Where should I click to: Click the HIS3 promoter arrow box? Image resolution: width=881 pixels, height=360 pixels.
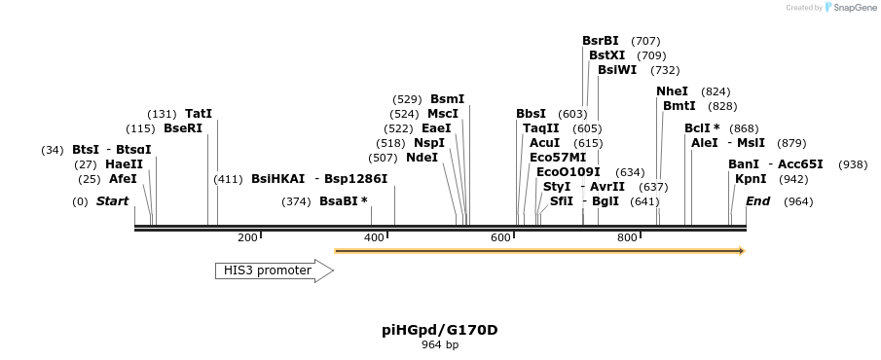click(274, 270)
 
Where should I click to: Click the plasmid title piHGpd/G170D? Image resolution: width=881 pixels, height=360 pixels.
click(439, 330)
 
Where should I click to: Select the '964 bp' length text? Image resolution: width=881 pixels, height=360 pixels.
click(439, 345)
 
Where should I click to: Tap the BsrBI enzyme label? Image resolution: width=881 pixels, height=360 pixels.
click(600, 41)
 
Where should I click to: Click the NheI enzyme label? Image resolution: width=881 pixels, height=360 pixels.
click(672, 91)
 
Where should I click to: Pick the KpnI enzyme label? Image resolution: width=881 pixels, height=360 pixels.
click(750, 179)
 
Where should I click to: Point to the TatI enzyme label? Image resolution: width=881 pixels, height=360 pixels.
click(198, 114)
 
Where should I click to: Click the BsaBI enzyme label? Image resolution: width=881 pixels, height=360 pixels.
click(343, 201)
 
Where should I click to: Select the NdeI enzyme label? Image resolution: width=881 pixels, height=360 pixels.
click(422, 158)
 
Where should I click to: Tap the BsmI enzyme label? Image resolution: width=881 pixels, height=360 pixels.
click(447, 99)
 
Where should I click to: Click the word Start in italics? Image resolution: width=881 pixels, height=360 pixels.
click(112, 201)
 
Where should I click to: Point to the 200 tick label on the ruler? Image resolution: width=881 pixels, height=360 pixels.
click(246, 237)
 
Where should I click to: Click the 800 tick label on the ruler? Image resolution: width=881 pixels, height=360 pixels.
click(627, 237)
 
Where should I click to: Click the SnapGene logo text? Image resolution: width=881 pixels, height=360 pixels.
click(851, 8)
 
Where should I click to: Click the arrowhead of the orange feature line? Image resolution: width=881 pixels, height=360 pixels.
click(741, 251)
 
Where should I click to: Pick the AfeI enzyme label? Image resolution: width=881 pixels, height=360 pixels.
click(123, 179)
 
